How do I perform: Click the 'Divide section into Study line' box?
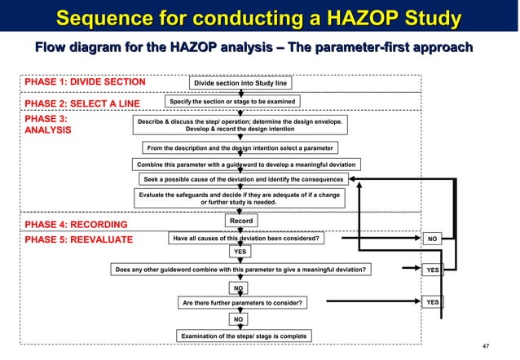pyautogui.click(x=240, y=83)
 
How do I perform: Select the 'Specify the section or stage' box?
pyautogui.click(x=232, y=101)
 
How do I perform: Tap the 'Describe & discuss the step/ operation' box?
pyautogui.click(x=240, y=124)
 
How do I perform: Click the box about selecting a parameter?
pyautogui.click(x=240, y=148)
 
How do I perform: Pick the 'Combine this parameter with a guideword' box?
pyautogui.click(x=248, y=164)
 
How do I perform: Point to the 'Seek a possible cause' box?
pyautogui.click(x=244, y=178)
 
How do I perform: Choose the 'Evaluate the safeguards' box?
pyautogui.click(x=240, y=198)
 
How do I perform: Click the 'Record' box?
pyautogui.click(x=241, y=221)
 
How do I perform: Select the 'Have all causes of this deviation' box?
pyautogui.click(x=245, y=239)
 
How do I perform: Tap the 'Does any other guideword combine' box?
pyautogui.click(x=241, y=269)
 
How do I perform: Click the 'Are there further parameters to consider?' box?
pyautogui.click(x=243, y=303)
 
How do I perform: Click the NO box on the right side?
pyautogui.click(x=434, y=239)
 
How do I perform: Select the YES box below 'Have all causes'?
pyautogui.click(x=240, y=252)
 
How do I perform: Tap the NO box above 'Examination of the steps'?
pyautogui.click(x=239, y=319)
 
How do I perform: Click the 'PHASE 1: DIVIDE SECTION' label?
pyautogui.click(x=85, y=82)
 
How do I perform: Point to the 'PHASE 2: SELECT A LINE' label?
pyautogui.click(x=82, y=103)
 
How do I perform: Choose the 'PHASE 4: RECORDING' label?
pyautogui.click(x=76, y=224)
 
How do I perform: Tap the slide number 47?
pyautogui.click(x=486, y=347)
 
